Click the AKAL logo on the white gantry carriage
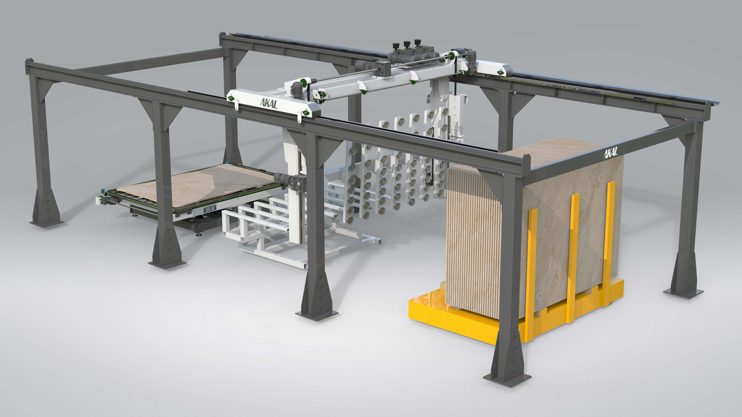pos(269,103)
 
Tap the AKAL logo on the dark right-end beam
pos(611,152)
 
